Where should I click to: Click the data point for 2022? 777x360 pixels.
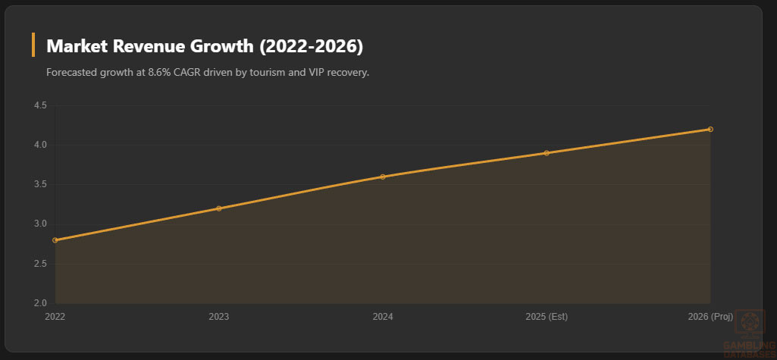point(55,240)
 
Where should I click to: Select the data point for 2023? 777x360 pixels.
point(219,208)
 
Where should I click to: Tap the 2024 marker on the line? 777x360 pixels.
point(383,177)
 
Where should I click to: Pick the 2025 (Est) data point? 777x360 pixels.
point(547,153)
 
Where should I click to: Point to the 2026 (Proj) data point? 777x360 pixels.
point(710,129)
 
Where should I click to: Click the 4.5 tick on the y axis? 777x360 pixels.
point(40,105)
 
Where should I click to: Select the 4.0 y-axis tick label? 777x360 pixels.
point(40,145)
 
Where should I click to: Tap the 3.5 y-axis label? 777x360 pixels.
point(40,184)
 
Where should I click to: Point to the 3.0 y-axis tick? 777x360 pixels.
point(40,224)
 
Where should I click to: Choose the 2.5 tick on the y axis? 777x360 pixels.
point(40,264)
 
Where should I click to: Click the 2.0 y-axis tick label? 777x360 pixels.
point(40,303)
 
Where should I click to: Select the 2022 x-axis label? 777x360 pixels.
point(55,316)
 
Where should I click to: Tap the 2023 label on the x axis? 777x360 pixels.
point(219,316)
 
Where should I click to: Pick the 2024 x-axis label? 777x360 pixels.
point(383,316)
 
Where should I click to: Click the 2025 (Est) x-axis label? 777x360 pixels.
point(547,316)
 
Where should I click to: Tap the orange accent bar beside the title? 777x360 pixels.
point(33,45)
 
